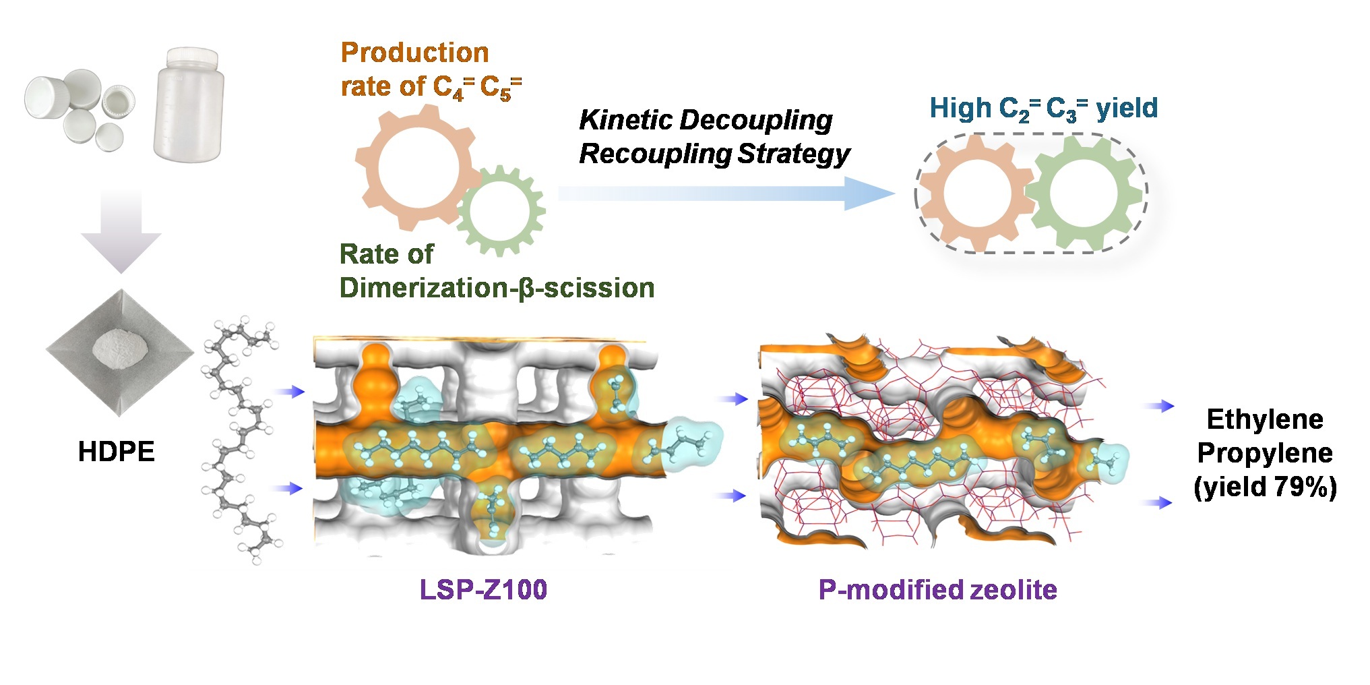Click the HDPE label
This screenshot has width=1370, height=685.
[116, 452]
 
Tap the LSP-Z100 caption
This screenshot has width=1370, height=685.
[483, 590]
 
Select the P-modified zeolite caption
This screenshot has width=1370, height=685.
[937, 590]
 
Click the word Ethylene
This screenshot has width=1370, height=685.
[1265, 419]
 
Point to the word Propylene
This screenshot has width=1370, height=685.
[1265, 453]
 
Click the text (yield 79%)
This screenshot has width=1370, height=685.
[1265, 487]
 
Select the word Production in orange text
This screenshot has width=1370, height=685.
[414, 53]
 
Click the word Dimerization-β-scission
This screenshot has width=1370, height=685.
[497, 288]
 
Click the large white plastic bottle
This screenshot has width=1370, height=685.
[188, 105]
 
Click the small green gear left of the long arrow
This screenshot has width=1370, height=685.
[501, 211]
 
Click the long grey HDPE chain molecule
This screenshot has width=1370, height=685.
[243, 438]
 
